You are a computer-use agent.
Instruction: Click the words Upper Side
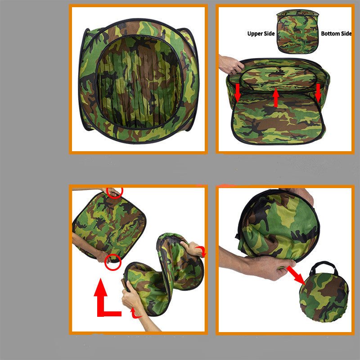261,33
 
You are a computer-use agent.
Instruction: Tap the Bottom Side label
336,33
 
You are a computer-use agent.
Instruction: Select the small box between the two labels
297,31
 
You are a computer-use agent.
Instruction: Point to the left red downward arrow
238,93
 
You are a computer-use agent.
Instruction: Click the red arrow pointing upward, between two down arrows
276,98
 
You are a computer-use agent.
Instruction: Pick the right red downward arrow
318,93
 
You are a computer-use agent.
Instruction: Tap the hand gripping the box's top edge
231,64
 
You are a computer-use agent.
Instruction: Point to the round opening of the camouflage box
139,82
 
